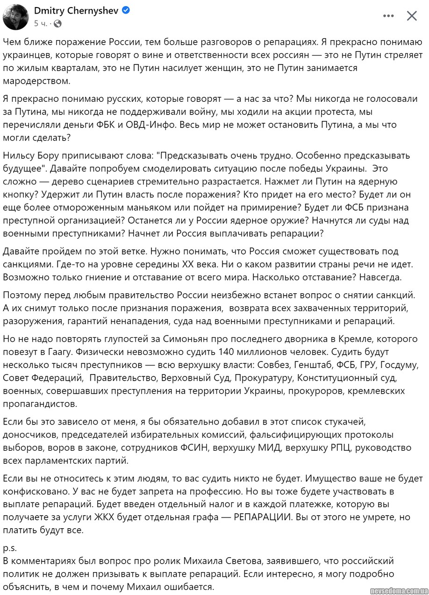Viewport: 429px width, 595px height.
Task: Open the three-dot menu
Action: coord(388,16)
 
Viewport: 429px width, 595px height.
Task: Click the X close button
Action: coord(412,16)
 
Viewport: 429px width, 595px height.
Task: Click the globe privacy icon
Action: coord(57,23)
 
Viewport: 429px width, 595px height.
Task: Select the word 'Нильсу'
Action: coord(18,155)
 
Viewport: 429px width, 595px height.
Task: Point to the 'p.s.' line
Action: coord(10,547)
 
